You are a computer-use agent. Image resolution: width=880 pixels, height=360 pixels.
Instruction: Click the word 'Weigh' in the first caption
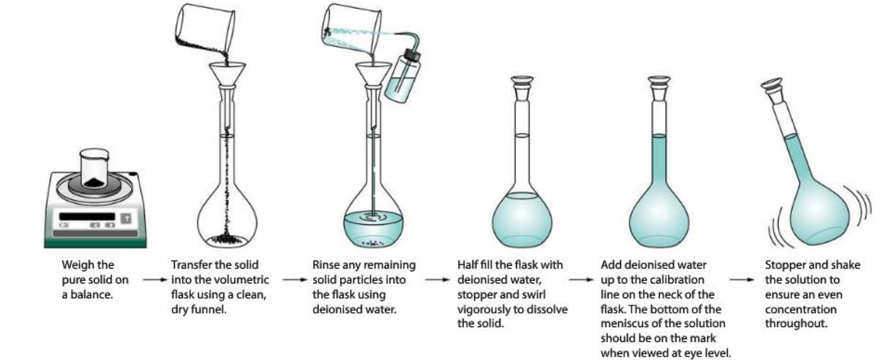(x=76, y=264)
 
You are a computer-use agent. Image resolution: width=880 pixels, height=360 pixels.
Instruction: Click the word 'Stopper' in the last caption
(x=783, y=264)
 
